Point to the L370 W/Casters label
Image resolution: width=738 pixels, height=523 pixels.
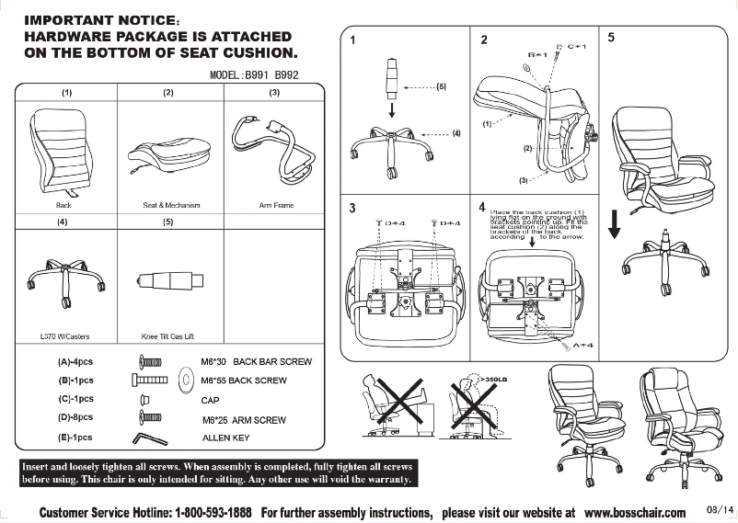point(65,336)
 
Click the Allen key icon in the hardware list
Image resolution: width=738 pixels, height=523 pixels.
point(150,438)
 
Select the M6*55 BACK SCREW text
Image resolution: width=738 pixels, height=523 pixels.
point(244,380)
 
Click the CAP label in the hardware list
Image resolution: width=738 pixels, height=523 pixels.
point(210,400)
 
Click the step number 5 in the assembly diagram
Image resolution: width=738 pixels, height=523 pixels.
point(611,38)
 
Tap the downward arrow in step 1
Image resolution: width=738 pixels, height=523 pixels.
point(392,109)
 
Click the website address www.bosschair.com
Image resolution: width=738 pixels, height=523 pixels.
point(635,512)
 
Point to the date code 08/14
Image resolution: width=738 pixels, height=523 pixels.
point(719,509)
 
